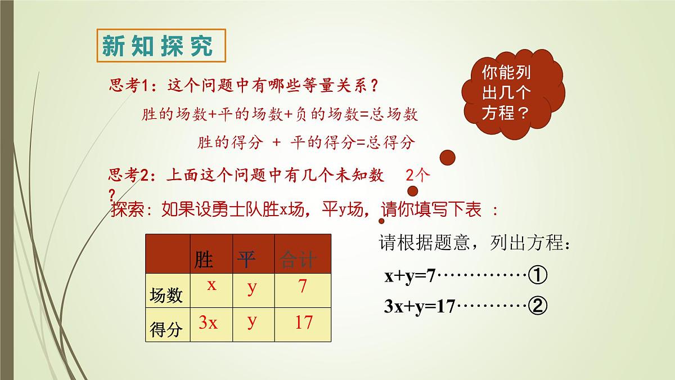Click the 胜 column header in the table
(204, 260)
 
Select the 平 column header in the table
(246, 260)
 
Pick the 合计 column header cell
(298, 260)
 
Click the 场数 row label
(166, 295)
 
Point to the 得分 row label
(166, 329)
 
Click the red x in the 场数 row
(211, 285)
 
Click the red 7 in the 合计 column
(303, 287)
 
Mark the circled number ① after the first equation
(538, 276)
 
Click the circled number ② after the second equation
(538, 306)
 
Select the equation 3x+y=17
(419, 307)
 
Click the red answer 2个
(417, 176)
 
